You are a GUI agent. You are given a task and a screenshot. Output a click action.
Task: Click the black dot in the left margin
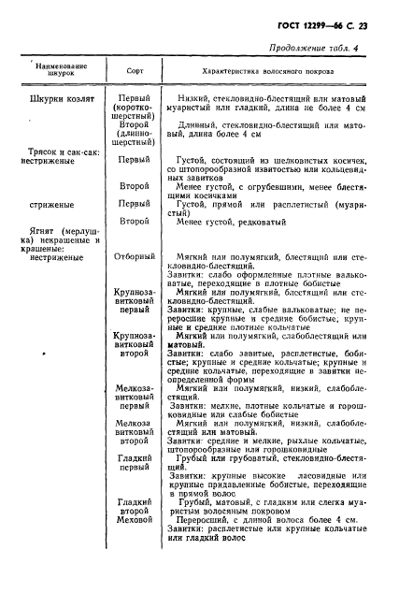tap(45, 355)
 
